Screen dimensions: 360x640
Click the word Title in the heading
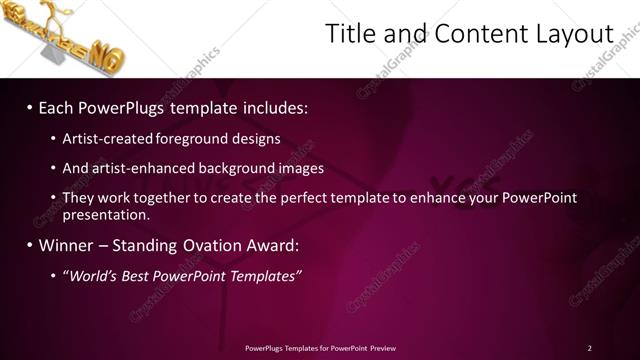click(350, 34)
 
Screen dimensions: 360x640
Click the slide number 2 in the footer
click(589, 348)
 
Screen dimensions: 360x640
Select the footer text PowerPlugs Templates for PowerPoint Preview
click(320, 348)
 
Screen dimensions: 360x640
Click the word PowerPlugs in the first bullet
click(119, 107)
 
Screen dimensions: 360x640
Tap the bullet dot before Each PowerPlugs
click(30, 107)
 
